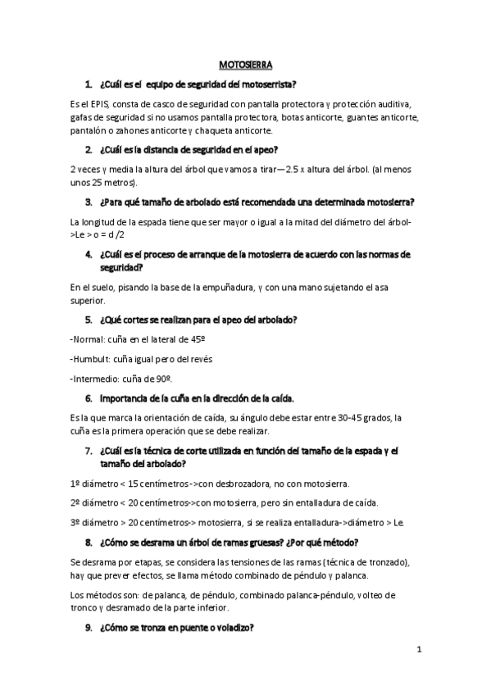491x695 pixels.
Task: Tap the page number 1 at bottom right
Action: [418, 650]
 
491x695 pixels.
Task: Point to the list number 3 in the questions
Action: [88, 202]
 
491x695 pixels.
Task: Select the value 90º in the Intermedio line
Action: [163, 378]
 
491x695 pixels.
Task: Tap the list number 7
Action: [88, 450]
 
